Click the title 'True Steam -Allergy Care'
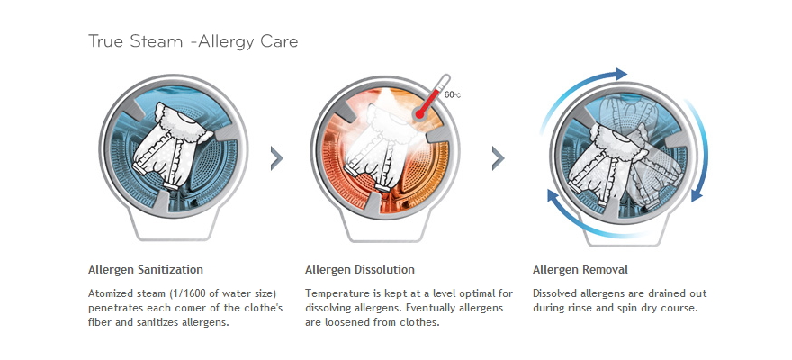click(193, 41)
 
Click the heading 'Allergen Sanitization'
click(146, 269)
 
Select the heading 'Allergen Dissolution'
click(360, 269)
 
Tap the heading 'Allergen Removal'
click(580, 269)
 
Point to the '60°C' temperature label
click(452, 94)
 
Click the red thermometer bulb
click(419, 114)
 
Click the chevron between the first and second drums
click(277, 158)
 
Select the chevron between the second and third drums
click(498, 158)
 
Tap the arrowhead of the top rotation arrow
click(620, 74)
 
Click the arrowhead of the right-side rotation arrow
click(697, 195)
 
